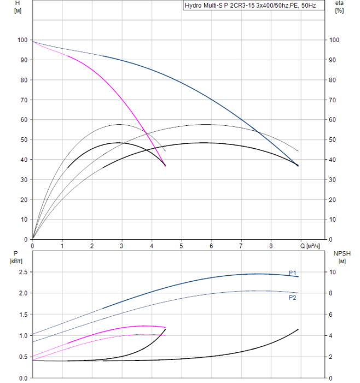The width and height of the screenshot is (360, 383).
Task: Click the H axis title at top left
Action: (18, 7)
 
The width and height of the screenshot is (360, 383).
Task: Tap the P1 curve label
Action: (293, 272)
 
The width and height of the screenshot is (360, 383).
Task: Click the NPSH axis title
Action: (340, 257)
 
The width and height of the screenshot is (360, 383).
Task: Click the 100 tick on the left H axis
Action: (22, 40)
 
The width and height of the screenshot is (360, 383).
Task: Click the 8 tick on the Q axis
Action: (271, 246)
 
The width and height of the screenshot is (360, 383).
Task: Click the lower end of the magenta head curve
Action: (165, 165)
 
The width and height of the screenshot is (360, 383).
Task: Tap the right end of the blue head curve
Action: (298, 165)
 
